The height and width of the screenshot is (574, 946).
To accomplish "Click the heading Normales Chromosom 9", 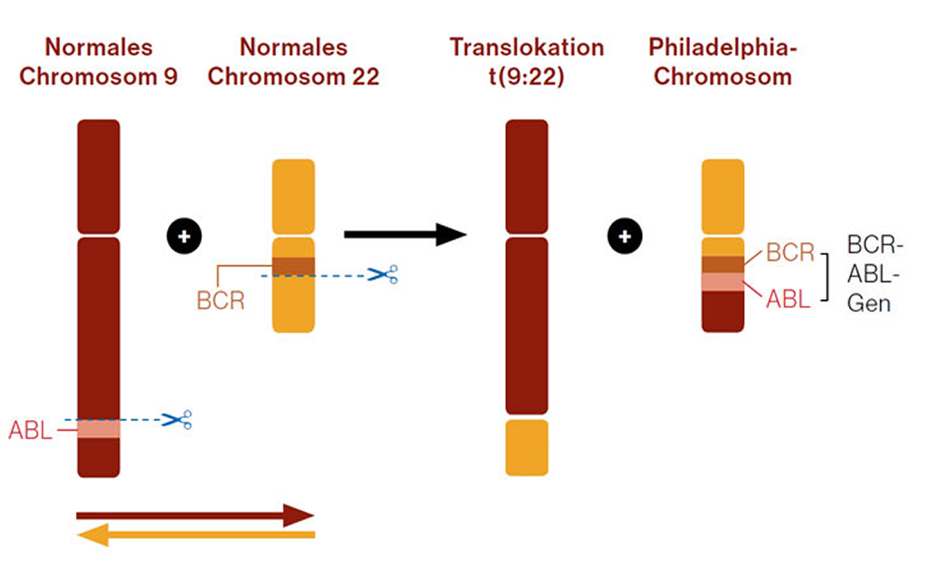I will click(99, 62).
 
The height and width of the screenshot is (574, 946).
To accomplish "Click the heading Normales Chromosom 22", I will click(293, 62).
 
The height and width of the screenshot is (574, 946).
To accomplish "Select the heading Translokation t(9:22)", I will click(526, 62).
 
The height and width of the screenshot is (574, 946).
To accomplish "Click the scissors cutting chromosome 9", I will click(177, 420).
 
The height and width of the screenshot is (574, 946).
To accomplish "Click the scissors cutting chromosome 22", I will click(383, 275).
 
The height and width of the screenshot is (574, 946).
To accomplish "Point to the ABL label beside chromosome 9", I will click(29, 430).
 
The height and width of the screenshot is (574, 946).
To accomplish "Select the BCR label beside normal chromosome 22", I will click(220, 300).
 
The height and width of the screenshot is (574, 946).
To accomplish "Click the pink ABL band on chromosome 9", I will click(99, 429).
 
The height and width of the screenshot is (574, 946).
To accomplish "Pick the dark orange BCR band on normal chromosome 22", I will click(293, 266).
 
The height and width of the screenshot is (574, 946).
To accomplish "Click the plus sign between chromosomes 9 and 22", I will click(184, 236).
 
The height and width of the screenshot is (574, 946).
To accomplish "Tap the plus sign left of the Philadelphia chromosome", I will click(625, 236).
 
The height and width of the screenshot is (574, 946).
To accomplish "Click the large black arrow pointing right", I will click(404, 235).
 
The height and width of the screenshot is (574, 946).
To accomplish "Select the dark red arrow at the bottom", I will click(195, 515).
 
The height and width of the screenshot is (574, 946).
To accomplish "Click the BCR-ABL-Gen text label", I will click(875, 275).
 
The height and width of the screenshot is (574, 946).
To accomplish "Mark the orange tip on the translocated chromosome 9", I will click(526, 448).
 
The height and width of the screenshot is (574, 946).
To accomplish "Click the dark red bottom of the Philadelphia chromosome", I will click(723, 311).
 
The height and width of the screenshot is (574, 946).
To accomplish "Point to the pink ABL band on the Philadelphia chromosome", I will click(723, 282).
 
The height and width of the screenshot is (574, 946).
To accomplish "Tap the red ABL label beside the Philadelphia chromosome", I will click(788, 299).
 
